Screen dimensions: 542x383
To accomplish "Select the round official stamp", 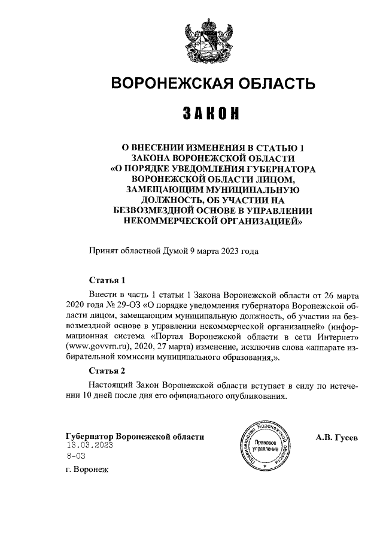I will [x=264, y=446].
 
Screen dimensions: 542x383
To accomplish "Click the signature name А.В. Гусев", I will [x=337, y=437].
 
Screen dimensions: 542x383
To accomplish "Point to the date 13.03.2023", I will [x=90, y=446].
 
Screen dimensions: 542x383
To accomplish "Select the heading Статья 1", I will [x=107, y=280].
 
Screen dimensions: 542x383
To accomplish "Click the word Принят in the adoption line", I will [x=104, y=251].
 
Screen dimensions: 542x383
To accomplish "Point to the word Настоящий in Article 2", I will [x=108, y=386].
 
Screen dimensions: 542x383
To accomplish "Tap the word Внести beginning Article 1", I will [x=103, y=295].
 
